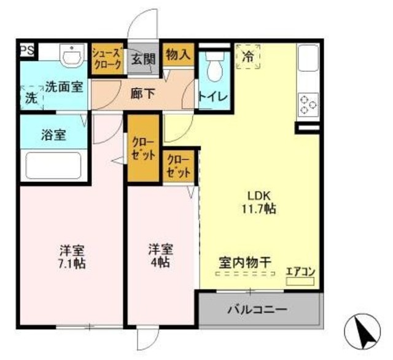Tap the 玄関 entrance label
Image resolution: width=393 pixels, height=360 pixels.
coord(143,59)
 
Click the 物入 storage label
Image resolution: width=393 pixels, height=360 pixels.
coord(177,55)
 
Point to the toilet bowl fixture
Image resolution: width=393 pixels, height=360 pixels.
coord(215,67)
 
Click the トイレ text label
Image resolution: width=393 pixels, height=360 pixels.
coord(214,97)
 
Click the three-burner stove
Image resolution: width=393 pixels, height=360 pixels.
coord(308,105)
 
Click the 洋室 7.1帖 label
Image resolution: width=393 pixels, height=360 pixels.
coord(72,257)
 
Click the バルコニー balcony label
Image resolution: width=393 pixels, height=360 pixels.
coord(258,309)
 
